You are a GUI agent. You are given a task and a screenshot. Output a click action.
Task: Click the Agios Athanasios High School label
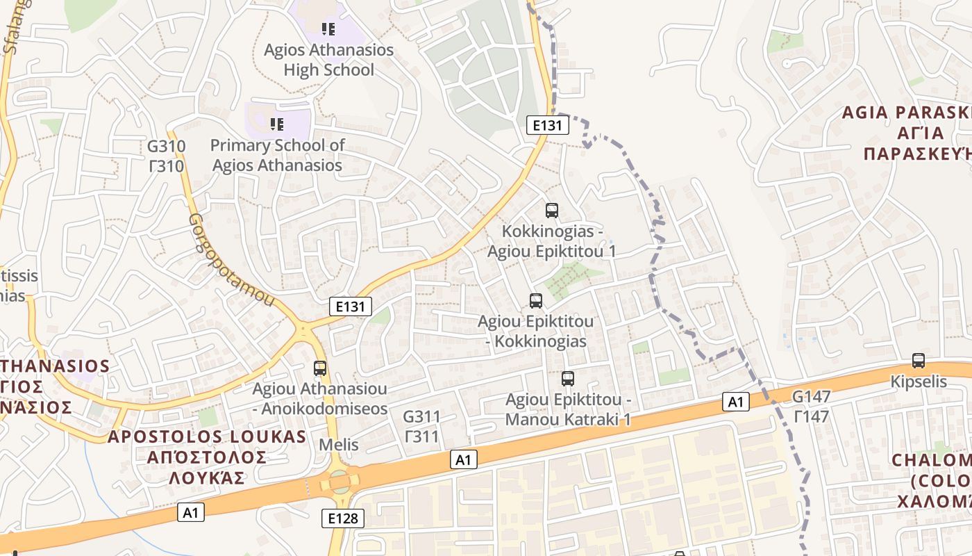point(328,60)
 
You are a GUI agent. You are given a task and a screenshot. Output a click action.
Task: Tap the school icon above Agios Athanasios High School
point(328,29)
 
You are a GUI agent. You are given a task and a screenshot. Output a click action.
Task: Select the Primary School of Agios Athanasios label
point(277,155)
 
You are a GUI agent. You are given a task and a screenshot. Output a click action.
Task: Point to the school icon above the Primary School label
point(277,124)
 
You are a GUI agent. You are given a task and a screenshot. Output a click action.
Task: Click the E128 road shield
point(343,518)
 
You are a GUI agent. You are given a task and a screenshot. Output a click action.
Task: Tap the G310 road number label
point(167,147)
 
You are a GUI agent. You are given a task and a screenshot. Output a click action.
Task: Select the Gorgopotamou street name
point(231,259)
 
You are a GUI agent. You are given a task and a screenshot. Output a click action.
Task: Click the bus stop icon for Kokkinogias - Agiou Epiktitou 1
point(552,210)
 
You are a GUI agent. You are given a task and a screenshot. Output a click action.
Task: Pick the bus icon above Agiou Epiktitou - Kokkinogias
point(535,301)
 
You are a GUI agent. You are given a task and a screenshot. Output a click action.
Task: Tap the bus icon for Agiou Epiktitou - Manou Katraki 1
point(568,379)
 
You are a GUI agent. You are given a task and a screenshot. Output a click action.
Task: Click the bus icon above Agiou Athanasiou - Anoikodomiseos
point(320,368)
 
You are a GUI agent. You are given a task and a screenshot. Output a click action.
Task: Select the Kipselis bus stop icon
point(919,361)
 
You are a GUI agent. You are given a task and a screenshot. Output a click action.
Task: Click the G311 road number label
point(421,417)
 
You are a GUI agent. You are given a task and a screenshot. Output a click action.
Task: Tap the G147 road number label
point(811,397)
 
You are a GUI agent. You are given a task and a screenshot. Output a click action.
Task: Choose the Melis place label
point(339,445)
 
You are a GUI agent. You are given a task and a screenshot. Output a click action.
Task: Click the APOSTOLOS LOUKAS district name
point(207,436)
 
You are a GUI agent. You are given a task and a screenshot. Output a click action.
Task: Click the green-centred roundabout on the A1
point(340,481)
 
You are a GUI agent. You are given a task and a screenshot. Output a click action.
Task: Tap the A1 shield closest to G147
point(736,402)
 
